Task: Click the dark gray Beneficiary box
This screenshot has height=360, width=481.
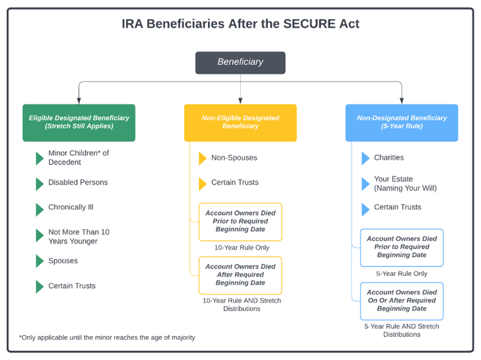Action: point(240,62)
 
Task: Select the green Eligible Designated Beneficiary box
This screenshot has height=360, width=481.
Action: point(79,122)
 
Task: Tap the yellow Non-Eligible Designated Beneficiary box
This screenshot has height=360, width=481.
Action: point(240,122)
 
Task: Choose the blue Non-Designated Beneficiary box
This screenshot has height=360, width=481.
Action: point(402,122)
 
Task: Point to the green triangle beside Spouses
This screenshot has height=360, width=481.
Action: point(39,261)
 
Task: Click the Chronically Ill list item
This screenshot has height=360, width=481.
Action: point(70,207)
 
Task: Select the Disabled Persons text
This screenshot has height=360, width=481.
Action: point(78,182)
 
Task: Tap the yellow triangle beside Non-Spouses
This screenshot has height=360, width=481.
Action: point(203,158)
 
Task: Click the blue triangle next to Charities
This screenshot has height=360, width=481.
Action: point(365,158)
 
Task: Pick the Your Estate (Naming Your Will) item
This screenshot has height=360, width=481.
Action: point(405,183)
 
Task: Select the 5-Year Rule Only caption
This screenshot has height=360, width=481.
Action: point(402,273)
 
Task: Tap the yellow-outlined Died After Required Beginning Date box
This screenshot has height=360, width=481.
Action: point(240,275)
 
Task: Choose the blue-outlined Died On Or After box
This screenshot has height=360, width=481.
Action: point(402,300)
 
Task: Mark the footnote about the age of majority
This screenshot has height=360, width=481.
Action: point(107,338)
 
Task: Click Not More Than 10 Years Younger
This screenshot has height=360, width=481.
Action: point(79,236)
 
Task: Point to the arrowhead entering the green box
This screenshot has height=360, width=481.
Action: point(79,101)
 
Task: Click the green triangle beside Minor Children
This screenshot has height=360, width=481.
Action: point(39,158)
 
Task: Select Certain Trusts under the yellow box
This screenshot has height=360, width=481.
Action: point(235,182)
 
